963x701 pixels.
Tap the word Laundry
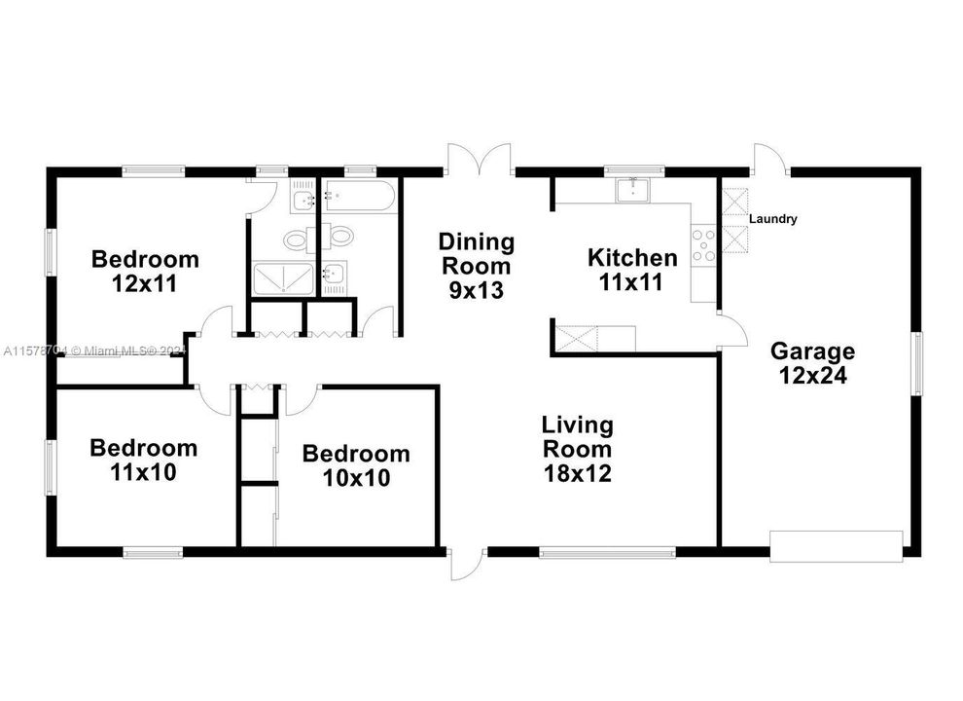click(773, 219)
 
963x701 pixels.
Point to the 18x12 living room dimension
click(577, 474)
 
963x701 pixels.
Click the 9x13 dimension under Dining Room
click(476, 290)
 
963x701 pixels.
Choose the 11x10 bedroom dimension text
click(144, 473)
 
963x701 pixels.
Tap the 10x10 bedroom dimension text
click(355, 478)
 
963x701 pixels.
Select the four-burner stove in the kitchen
click(703, 245)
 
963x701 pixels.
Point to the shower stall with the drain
click(284, 279)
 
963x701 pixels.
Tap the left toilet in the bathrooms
click(296, 238)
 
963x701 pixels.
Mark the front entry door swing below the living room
click(465, 564)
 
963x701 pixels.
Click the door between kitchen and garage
click(731, 329)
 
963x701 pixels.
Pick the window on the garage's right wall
click(915, 363)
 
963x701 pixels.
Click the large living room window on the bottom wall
click(607, 552)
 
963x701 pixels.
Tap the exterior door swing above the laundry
click(768, 158)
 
